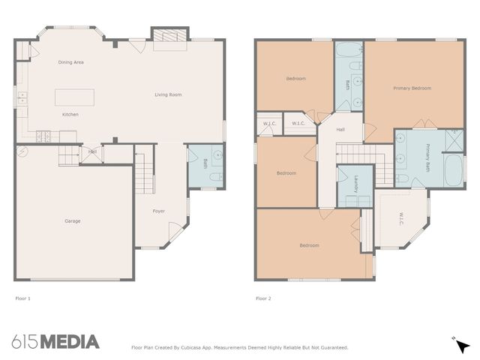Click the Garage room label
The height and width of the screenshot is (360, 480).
[72, 220]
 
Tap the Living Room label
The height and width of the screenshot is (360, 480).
[168, 94]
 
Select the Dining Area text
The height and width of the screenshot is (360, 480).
[70, 62]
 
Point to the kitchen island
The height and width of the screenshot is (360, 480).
[74, 97]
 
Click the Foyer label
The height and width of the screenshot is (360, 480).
[159, 211]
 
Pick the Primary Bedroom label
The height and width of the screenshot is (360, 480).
[412, 88]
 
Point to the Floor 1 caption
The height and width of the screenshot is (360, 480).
[23, 298]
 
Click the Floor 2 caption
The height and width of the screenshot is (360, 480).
[263, 298]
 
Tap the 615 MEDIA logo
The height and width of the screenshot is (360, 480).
[55, 342]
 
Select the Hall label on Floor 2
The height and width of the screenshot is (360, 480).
[340, 130]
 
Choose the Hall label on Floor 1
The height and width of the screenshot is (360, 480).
[92, 151]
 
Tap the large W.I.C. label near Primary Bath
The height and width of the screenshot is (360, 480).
[401, 218]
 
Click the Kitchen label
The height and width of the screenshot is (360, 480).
[70, 115]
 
